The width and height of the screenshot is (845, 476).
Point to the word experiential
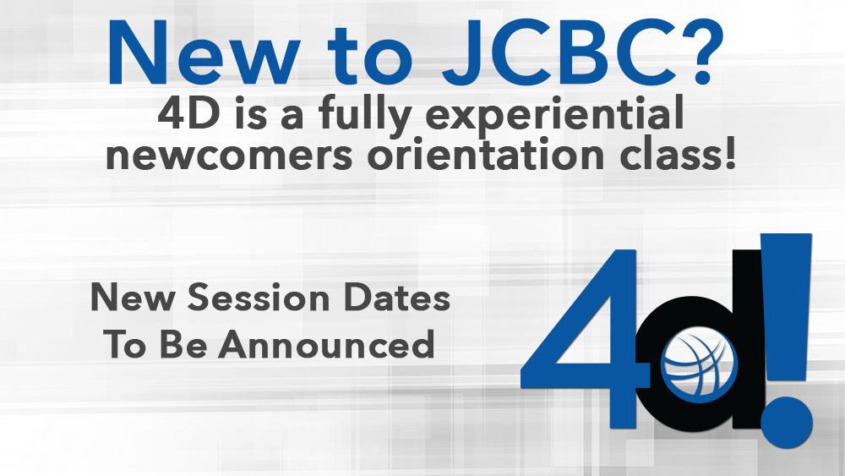tap(554, 117)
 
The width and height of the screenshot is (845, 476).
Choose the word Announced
tap(326, 344)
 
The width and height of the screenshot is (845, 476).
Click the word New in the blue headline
tap(203, 53)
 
